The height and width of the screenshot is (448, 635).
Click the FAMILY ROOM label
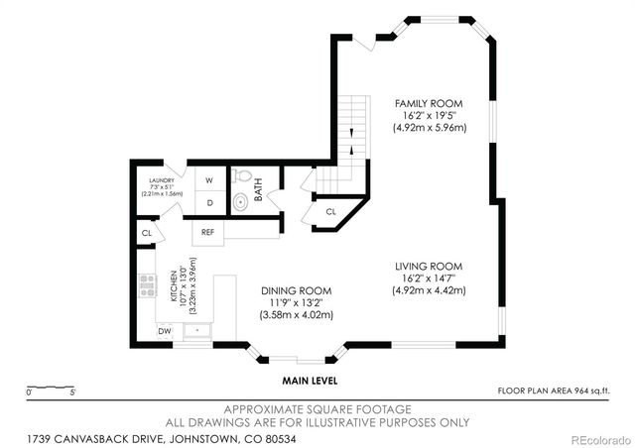click(x=429, y=103)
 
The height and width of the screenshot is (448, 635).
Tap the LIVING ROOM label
click(x=429, y=267)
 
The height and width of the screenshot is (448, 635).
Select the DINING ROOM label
click(x=293, y=290)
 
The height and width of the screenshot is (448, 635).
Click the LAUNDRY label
click(x=161, y=180)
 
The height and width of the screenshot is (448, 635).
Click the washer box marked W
click(x=209, y=180)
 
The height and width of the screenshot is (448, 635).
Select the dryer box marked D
click(x=209, y=202)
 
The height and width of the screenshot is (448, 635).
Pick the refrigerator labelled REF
click(x=208, y=231)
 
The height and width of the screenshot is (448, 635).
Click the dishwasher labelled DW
click(x=165, y=330)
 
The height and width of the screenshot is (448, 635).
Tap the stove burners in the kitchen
click(x=147, y=285)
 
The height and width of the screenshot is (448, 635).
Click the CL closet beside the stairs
click(x=330, y=211)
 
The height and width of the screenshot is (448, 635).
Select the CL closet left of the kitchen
click(x=146, y=233)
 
